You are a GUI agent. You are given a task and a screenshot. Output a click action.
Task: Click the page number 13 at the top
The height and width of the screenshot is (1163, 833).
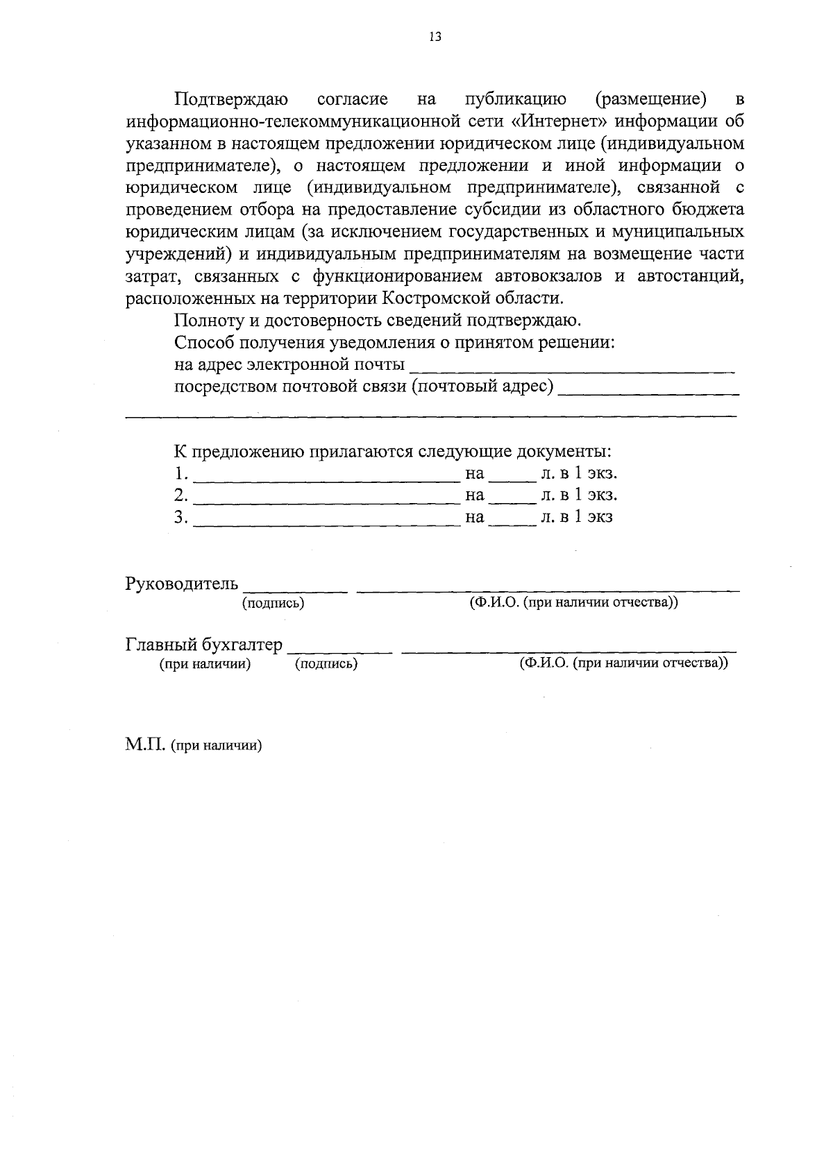pyautogui.click(x=435, y=37)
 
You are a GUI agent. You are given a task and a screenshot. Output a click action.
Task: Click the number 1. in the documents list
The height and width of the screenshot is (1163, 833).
pyautogui.click(x=181, y=474)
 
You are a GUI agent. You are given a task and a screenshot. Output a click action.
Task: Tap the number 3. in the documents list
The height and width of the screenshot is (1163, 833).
pyautogui.click(x=181, y=517)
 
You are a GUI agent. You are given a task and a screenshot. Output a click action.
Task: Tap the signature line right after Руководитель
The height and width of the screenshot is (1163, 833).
pyautogui.click(x=295, y=591)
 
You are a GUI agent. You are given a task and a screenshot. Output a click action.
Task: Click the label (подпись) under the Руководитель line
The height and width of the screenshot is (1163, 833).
pyautogui.click(x=273, y=603)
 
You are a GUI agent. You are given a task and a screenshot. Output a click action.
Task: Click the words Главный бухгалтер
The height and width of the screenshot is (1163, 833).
pyautogui.click(x=204, y=645)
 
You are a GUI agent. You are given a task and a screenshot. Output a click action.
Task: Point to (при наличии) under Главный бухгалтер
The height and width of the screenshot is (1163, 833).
pyautogui.click(x=205, y=664)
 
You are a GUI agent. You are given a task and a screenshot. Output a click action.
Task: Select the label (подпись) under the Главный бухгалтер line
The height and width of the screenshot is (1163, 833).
pyautogui.click(x=326, y=664)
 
